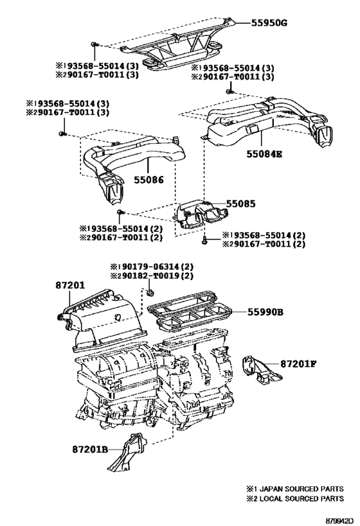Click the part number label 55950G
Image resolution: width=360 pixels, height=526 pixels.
(269, 23)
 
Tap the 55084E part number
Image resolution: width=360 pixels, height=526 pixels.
(264, 154)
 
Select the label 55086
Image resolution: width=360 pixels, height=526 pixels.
(148, 180)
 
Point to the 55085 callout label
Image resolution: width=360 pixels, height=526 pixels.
(240, 204)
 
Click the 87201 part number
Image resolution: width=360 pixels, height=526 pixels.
(70, 285)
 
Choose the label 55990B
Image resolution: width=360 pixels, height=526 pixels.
(265, 312)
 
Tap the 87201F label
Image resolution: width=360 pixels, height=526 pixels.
(298, 364)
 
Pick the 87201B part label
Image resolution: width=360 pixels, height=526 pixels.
(90, 449)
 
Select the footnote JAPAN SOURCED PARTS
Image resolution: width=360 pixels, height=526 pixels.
(300, 489)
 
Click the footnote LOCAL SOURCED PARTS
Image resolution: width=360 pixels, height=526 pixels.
(300, 499)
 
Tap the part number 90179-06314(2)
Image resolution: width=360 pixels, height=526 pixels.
(156, 267)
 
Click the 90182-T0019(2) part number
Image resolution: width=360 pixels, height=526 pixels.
(156, 276)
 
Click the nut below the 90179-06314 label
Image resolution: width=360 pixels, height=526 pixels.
(150, 293)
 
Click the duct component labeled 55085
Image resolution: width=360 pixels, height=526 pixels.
(200, 215)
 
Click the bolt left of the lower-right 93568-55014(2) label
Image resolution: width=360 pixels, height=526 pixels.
(204, 240)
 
